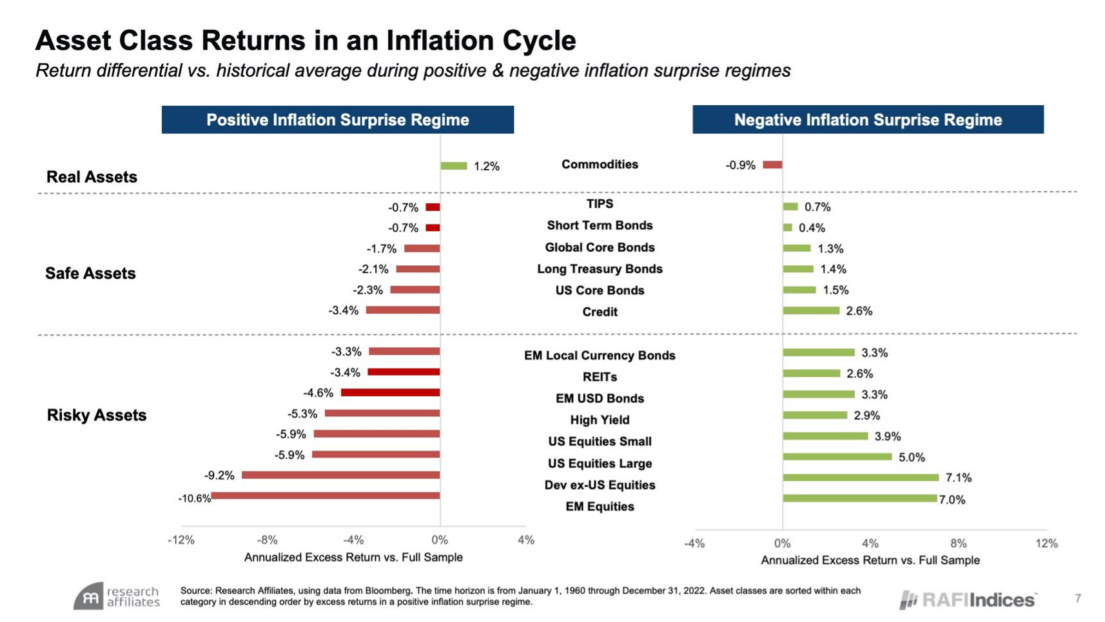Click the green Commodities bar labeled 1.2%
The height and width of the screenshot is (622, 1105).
click(453, 166)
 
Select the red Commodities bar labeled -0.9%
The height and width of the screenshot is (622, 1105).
click(772, 165)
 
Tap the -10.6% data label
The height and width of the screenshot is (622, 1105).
click(194, 498)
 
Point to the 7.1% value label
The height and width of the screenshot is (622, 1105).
click(958, 477)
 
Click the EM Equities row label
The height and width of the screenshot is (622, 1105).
click(600, 507)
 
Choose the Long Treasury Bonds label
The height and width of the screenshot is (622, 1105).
click(600, 269)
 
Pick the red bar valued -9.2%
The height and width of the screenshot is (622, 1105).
click(340, 475)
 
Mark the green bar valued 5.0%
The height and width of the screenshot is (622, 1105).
click(837, 457)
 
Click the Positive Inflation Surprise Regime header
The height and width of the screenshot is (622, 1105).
click(337, 120)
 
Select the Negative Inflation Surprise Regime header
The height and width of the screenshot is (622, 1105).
click(868, 120)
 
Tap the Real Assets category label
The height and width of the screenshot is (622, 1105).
click(92, 177)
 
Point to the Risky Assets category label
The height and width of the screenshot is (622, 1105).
click(97, 415)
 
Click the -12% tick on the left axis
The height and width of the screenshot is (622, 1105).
click(181, 540)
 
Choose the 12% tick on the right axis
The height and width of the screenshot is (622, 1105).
click(1046, 543)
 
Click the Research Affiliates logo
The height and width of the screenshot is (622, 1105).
click(117, 597)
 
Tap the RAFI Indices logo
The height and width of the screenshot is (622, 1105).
click(968, 600)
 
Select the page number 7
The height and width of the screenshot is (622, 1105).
click(1078, 599)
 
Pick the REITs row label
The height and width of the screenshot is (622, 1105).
click(600, 377)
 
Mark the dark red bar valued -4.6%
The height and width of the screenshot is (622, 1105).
click(390, 392)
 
